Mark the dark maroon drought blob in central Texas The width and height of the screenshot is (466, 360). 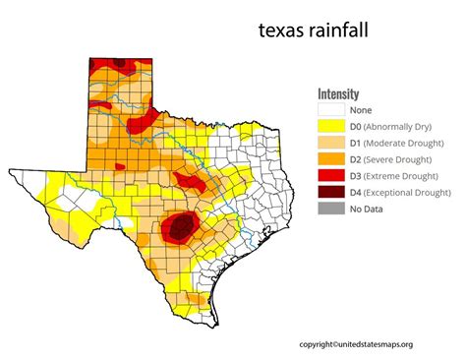coord(178,228)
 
